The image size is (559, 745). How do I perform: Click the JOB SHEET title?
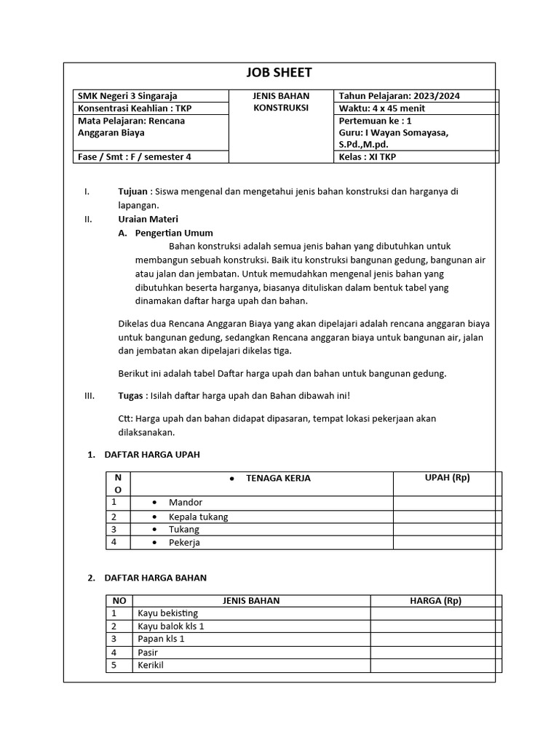tap(279, 72)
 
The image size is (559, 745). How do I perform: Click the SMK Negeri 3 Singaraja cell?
tap(127, 96)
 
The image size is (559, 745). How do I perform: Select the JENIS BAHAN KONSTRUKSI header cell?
tap(281, 102)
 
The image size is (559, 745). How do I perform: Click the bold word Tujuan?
tap(133, 191)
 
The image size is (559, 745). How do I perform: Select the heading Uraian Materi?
tap(148, 219)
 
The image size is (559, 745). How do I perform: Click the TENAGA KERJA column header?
tap(278, 479)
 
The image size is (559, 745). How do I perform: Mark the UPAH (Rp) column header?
tap(447, 478)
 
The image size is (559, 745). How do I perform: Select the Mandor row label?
tap(186, 503)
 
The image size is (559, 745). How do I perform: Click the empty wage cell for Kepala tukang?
tap(447, 517)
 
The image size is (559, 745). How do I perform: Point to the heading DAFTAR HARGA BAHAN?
tap(156, 578)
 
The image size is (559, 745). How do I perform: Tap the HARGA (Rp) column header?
tap(435, 601)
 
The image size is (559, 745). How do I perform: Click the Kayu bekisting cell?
tap(167, 613)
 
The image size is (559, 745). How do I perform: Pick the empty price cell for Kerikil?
tap(435, 666)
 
